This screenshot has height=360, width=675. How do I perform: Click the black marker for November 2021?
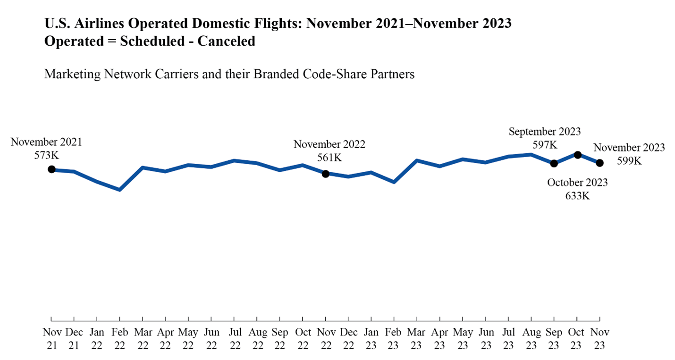coord(51,169)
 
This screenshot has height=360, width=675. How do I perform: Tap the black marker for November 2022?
coord(325,174)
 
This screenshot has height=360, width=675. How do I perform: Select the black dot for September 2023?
coord(554,163)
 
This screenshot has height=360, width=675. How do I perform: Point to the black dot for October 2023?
coord(577,155)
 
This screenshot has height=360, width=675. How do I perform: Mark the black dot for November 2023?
coord(600,163)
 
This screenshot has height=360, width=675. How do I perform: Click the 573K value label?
coord(46,155)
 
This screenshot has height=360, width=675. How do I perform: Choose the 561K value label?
coord(329,158)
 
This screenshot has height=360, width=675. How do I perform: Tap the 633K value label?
coord(577,195)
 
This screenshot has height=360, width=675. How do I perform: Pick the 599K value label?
coord(629,160)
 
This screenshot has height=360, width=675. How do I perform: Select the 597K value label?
coord(545,144)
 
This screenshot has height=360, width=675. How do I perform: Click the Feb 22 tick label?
coord(120,339)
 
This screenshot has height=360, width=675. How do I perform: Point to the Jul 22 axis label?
coord(234,339)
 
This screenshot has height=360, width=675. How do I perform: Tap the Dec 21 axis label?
coord(74,339)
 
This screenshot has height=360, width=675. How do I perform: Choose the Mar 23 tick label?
coord(416,339)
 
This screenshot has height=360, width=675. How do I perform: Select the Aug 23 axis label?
coord(531,339)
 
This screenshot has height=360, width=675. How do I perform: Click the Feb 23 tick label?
coord(394,339)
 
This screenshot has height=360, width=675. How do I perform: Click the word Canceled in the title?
coord(226,41)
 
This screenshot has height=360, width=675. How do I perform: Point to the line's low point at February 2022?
coord(120,190)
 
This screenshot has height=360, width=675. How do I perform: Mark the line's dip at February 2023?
coord(394,182)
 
